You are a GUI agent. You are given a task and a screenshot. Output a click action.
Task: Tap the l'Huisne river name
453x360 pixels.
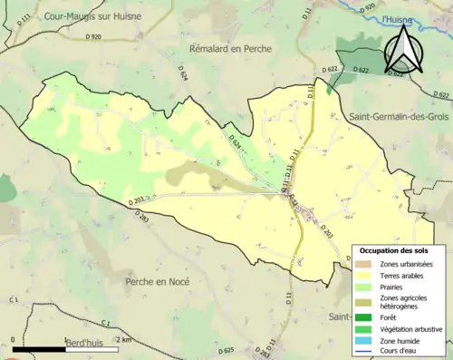click(x=395, y=18)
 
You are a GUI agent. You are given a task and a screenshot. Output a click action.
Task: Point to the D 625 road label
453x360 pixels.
click(x=226, y=350)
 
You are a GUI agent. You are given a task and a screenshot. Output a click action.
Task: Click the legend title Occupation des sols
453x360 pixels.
click(x=396, y=249)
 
